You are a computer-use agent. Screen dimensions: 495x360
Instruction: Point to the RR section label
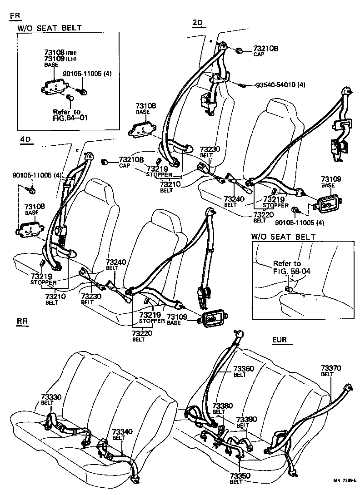[22, 322]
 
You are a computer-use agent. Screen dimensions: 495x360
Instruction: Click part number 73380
[223, 405]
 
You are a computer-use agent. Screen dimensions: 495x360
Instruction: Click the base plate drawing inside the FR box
[53, 85]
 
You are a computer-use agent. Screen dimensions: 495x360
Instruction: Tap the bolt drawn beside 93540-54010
[244, 85]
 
